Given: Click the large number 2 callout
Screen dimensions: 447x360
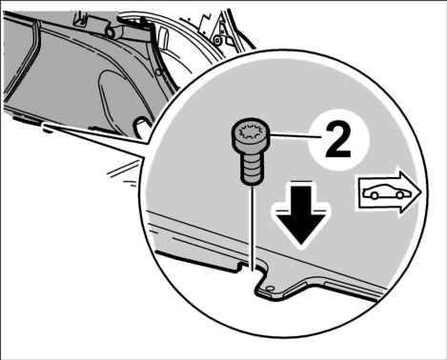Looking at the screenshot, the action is (338, 140).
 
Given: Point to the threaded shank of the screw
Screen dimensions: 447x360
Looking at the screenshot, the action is (252, 168).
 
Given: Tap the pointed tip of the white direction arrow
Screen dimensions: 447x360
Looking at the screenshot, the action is (421, 192).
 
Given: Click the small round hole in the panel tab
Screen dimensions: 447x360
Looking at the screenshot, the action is (270, 289).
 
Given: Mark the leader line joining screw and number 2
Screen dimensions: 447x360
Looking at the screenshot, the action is (296, 136).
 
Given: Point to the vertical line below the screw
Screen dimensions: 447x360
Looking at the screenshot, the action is (253, 229).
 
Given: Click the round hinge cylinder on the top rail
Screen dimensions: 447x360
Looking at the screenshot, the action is (112, 32).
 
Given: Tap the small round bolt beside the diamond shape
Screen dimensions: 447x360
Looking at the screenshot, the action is (217, 40).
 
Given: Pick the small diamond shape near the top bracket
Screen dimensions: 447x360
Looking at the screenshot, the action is (230, 41).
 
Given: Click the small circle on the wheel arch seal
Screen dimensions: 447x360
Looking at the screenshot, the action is (158, 72).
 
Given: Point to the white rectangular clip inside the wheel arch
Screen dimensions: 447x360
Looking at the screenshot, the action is (163, 37).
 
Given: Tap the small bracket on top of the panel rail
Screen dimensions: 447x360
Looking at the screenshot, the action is (81, 19).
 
